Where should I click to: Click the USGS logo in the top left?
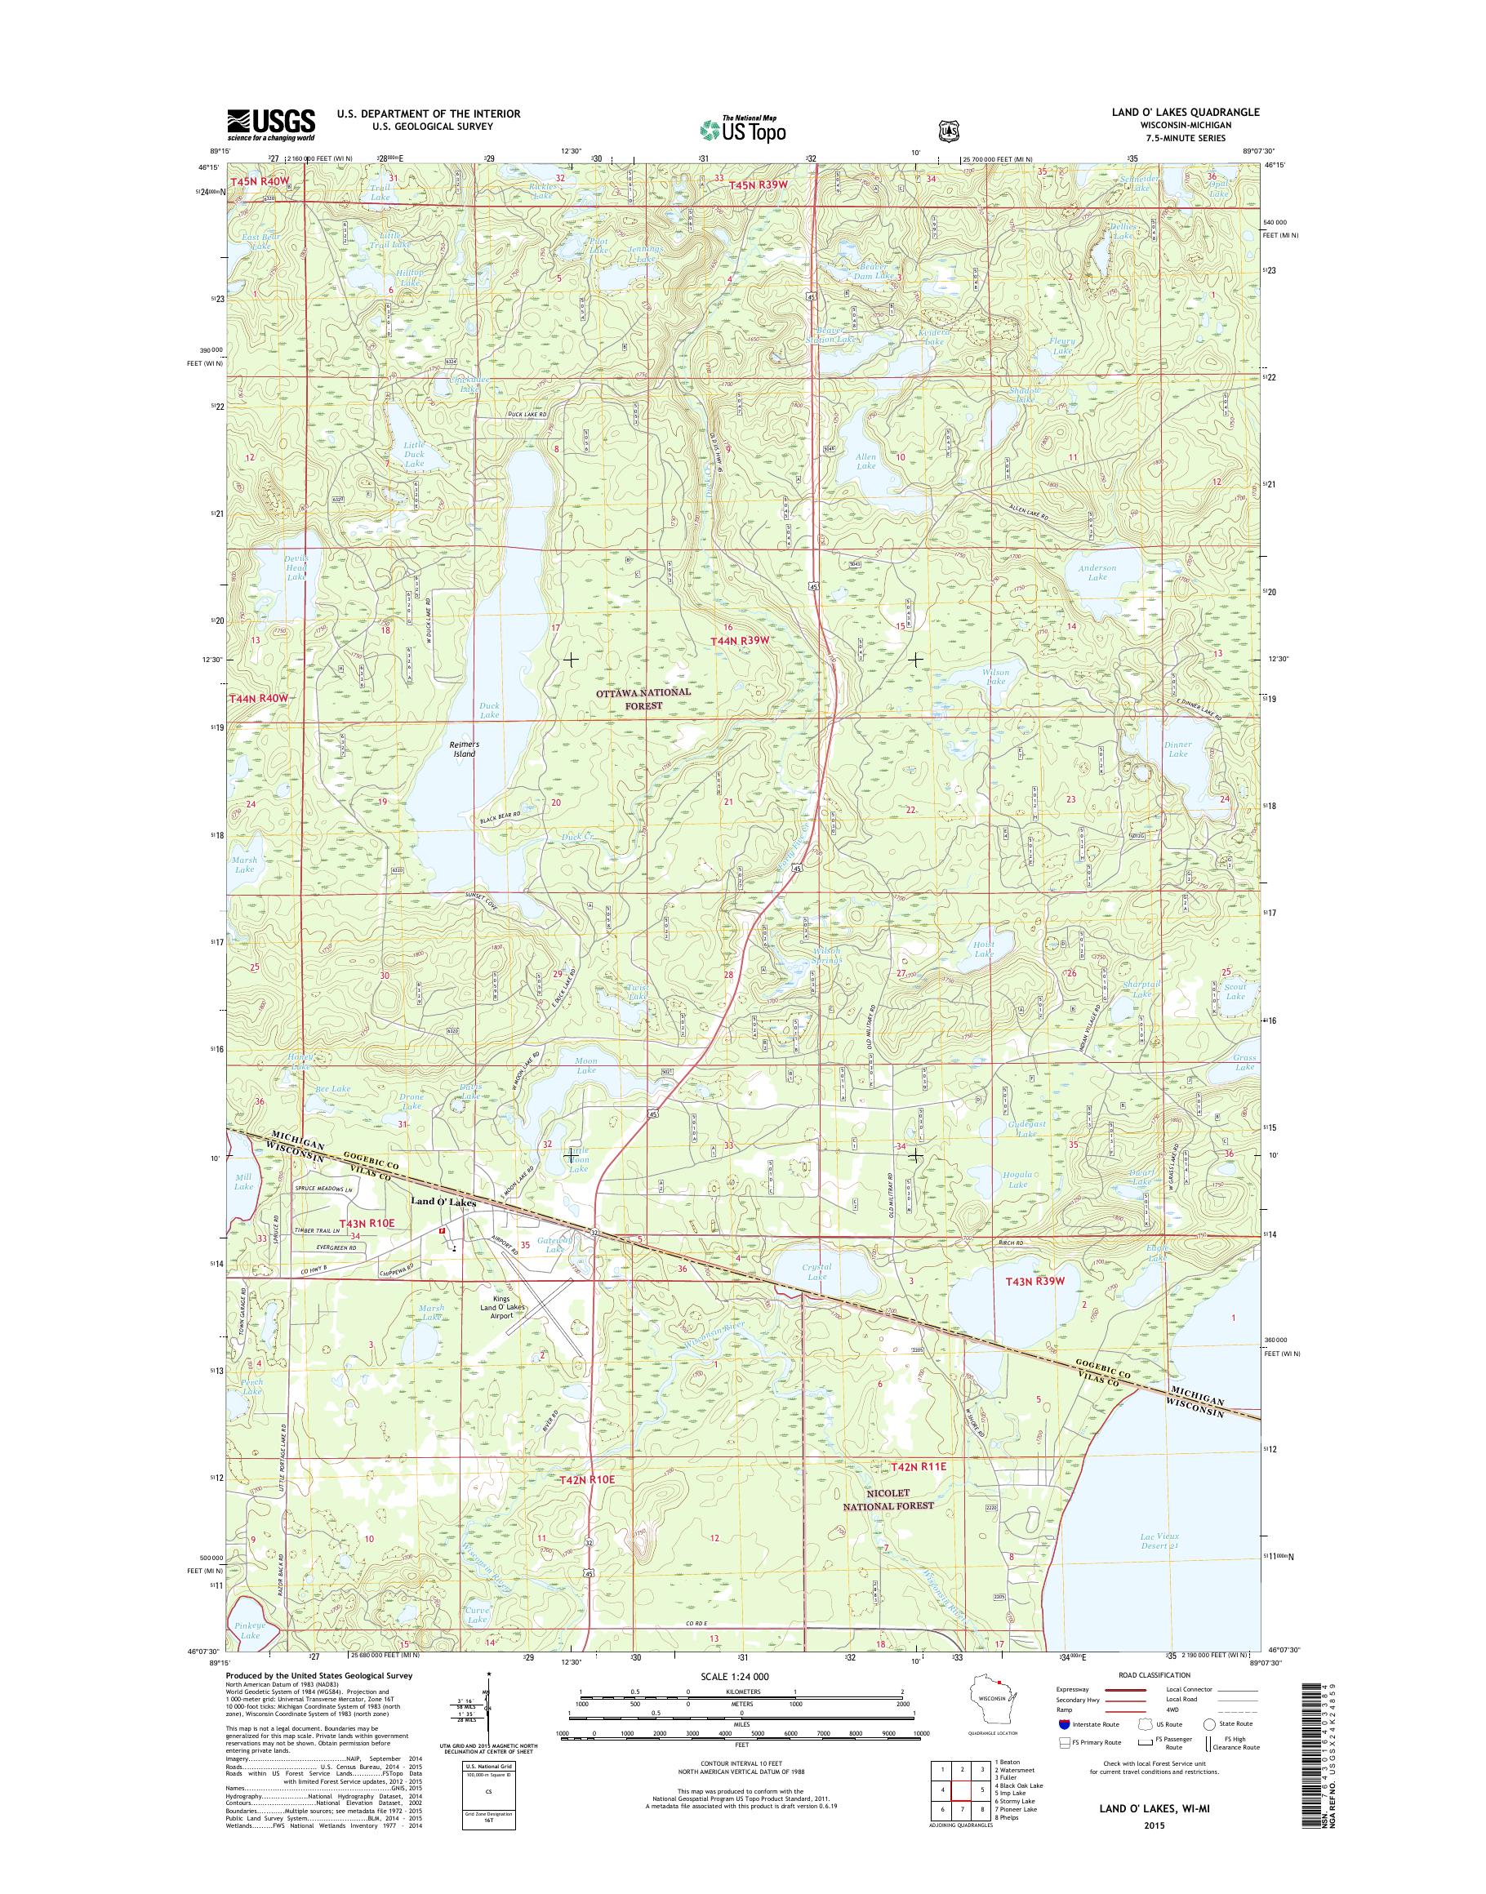point(270,124)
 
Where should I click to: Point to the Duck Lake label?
point(490,709)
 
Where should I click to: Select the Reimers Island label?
point(464,749)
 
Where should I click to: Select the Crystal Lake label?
point(817,1272)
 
